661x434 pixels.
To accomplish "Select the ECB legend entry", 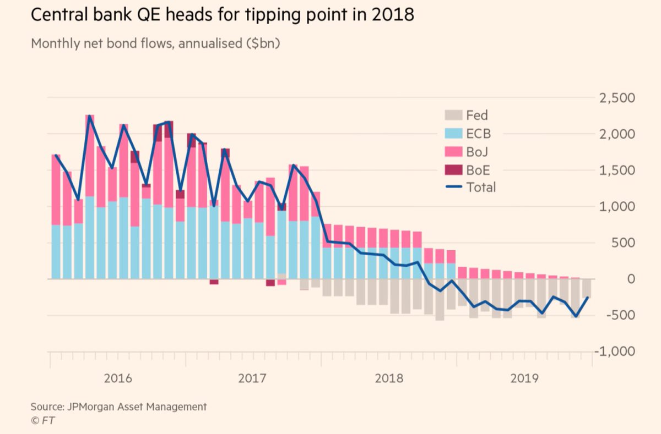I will (478, 134).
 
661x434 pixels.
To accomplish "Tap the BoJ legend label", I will (477, 151).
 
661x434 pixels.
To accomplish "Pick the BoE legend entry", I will (478, 169).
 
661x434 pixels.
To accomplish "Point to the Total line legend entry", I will (481, 187).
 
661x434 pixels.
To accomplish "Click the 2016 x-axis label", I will (117, 378).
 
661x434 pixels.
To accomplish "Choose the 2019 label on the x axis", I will (524, 378).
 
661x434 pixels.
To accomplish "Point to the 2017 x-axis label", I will (253, 378).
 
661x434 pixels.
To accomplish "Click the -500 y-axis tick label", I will (622, 315).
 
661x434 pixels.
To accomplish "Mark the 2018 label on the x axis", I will (388, 378).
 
